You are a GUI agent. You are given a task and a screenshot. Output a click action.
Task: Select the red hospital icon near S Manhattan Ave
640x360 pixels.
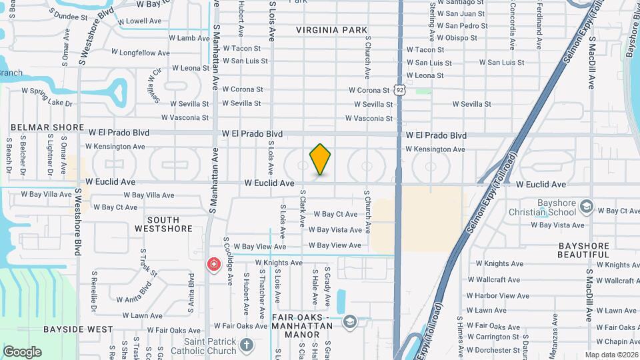tap(213, 265)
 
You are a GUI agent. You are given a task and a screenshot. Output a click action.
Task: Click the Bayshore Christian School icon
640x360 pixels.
tap(586, 207)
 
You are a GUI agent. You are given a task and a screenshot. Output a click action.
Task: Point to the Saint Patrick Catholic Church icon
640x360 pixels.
tap(247, 345)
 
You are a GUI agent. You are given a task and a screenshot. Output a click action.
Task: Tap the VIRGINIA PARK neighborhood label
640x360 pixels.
tap(332, 30)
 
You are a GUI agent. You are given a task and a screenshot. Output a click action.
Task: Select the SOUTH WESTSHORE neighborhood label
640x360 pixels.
tap(163, 224)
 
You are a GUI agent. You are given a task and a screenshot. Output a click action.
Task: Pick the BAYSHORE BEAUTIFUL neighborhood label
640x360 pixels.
tap(583, 250)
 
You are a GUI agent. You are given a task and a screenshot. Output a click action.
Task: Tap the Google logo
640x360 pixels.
tap(22, 352)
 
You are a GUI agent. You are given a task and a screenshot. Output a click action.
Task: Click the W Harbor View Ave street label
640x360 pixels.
tap(498, 295)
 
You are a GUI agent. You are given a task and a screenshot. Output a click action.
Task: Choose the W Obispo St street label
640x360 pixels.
tap(457, 38)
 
